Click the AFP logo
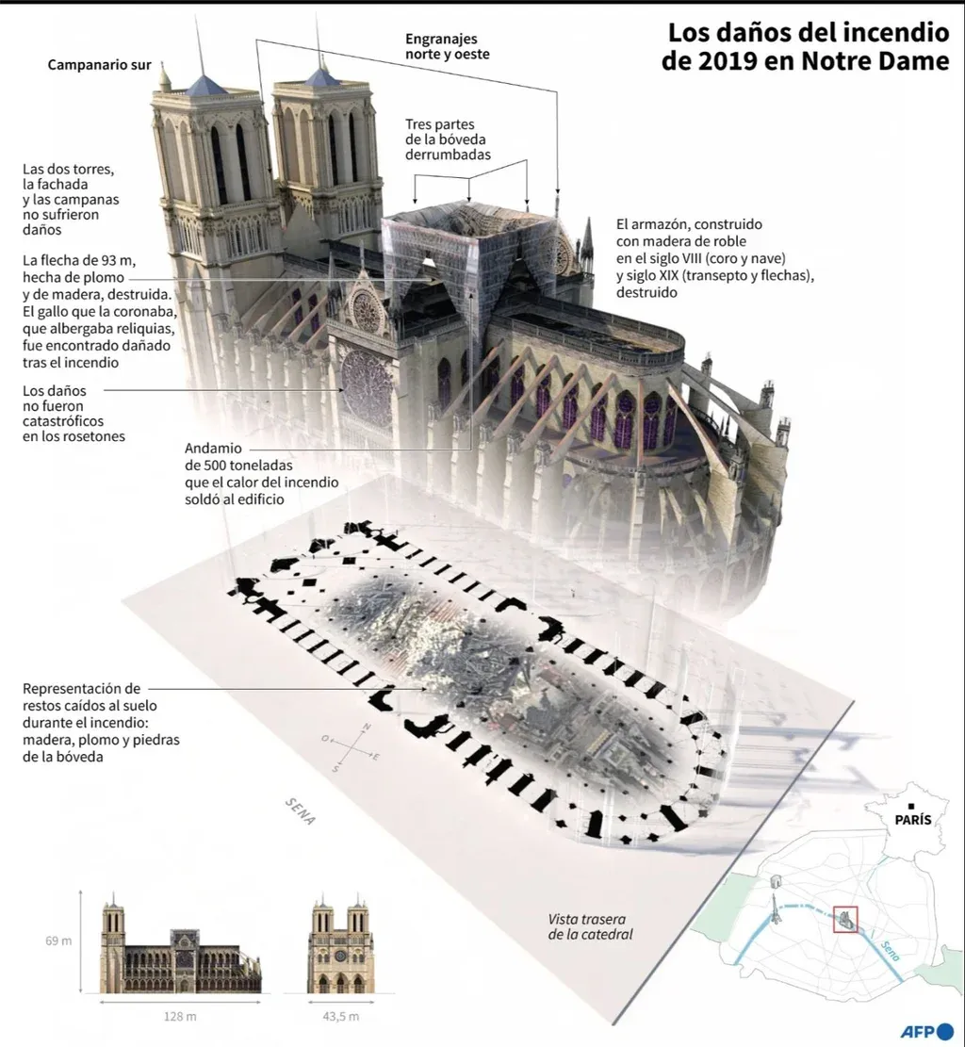pos(927,1031)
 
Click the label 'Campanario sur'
pos(100,65)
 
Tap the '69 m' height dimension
pos(58,941)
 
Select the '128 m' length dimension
pos(180,1016)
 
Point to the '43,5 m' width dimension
pos(340,1016)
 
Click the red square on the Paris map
pos(845,920)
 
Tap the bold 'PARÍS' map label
pos(913,819)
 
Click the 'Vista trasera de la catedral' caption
pos(590,926)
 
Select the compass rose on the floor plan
pos(351,748)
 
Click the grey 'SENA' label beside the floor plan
pos(300,810)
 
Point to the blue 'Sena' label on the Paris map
pos(890,950)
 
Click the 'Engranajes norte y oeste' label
pos(448,47)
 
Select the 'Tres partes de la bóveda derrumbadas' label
pos(448,139)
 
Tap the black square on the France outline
pos(911,807)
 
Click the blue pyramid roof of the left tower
pos(205,86)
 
